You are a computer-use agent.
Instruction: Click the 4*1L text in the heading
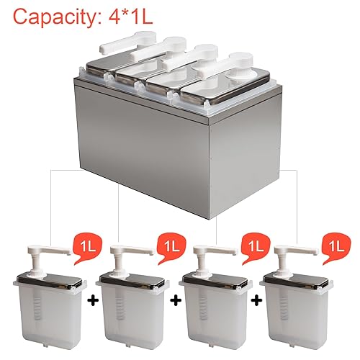coord(131,17)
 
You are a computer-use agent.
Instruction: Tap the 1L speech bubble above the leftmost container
coord(87,248)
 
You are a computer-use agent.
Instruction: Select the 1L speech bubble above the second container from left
coord(171,248)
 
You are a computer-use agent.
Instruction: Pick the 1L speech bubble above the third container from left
coord(256,248)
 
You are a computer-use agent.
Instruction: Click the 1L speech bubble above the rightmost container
coord(336,248)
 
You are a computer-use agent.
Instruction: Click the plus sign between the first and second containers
coord(93,301)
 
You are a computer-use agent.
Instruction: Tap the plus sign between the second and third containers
coord(176,301)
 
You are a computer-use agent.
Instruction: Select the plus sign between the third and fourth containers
coord(257,301)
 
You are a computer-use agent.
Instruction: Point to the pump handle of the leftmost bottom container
coord(49,251)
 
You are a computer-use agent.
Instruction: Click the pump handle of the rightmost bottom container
coord(296,251)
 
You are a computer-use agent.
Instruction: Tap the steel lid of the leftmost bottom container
coord(49,282)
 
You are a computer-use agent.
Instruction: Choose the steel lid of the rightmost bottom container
coord(296,282)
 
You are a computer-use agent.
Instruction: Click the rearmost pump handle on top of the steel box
coord(127,42)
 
